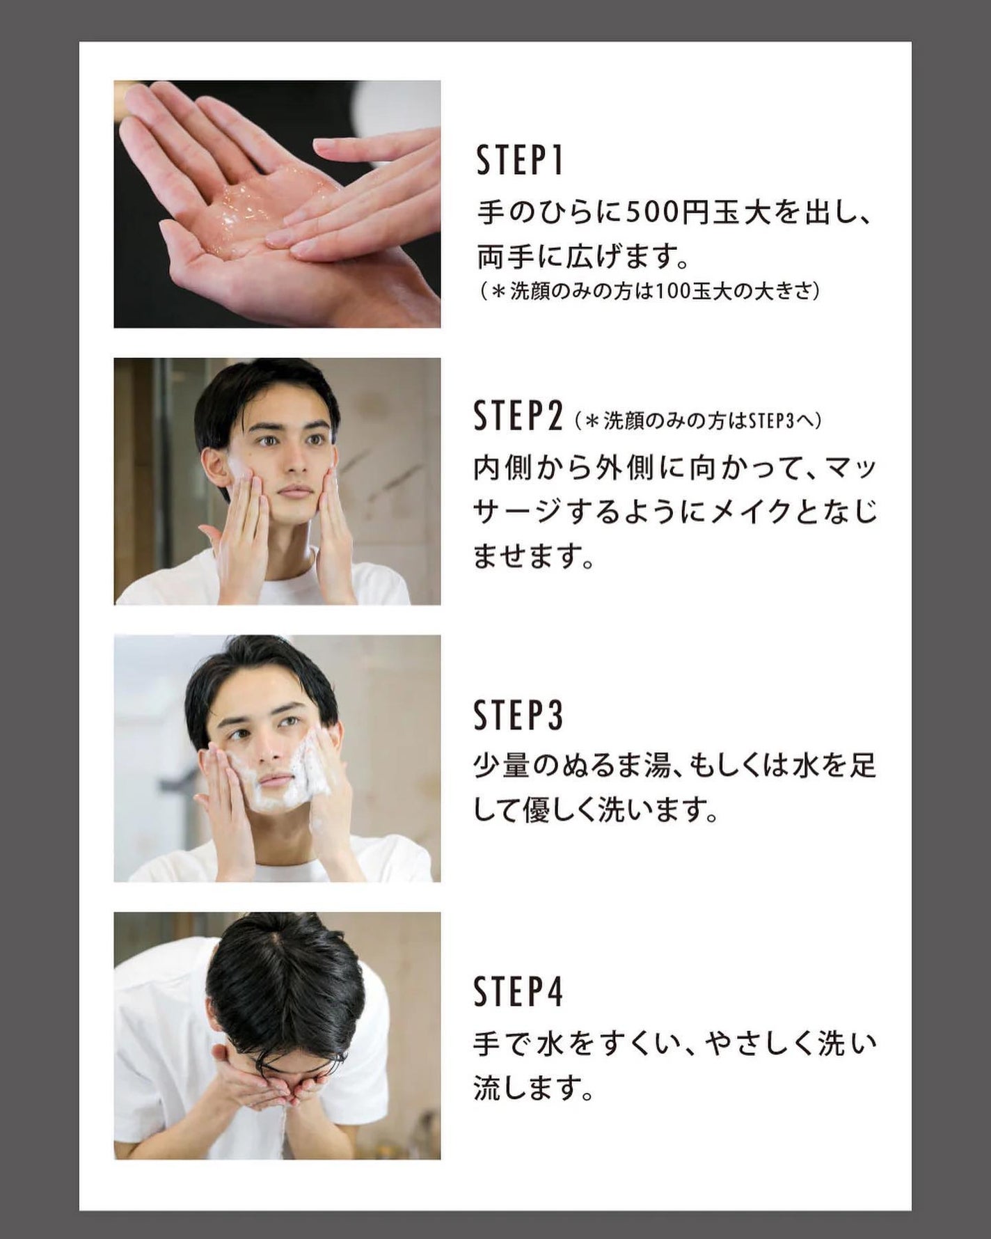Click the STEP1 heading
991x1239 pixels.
tap(519, 160)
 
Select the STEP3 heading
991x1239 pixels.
tap(518, 715)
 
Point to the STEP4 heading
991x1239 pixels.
tap(518, 992)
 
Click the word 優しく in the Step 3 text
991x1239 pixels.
tap(558, 810)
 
